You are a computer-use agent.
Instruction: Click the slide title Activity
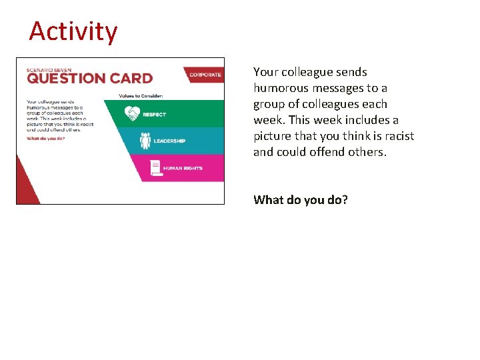[x=73, y=31]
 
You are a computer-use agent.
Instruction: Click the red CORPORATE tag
[x=205, y=75]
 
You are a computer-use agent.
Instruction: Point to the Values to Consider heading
[x=141, y=96]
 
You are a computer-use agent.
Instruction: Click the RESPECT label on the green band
[x=154, y=115]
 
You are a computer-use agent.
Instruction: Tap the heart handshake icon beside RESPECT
[x=132, y=114]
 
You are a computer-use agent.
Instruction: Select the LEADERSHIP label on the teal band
[x=169, y=141]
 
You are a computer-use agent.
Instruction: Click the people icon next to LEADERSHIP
[x=145, y=141]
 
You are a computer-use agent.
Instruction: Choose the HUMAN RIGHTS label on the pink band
[x=183, y=169]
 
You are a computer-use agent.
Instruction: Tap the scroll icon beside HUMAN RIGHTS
[x=156, y=168]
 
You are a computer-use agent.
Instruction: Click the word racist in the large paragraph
[x=397, y=136]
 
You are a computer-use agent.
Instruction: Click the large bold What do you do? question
[x=300, y=199]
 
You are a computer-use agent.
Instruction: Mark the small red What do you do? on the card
[x=45, y=139]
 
